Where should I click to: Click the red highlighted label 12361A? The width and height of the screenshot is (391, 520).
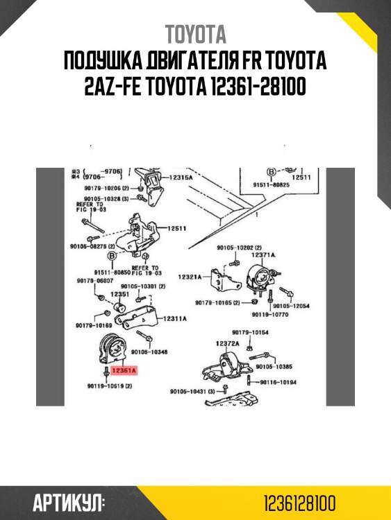pyautogui.click(x=124, y=371)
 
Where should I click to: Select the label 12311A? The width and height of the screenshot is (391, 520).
pyautogui.click(x=175, y=318)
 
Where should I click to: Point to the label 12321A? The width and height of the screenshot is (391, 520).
pyautogui.click(x=189, y=277)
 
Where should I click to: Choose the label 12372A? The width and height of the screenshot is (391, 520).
pyautogui.click(x=227, y=343)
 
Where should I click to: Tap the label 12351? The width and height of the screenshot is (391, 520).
pyautogui.click(x=119, y=294)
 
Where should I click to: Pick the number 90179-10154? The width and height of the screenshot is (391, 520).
pyautogui.click(x=250, y=332)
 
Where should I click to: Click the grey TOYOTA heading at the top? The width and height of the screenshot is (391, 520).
pyautogui.click(x=195, y=35)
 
